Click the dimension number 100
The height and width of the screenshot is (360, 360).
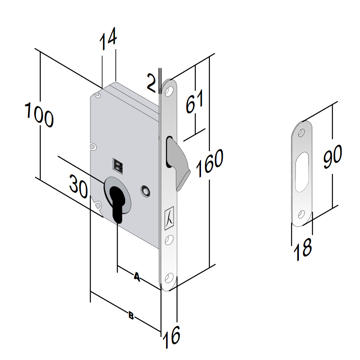point(39,115)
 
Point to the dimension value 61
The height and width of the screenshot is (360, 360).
point(195,102)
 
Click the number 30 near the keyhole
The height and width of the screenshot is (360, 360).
point(78,186)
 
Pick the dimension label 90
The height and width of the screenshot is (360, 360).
point(333,156)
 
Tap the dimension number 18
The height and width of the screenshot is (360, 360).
point(303,249)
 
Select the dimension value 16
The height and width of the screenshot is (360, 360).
point(171,337)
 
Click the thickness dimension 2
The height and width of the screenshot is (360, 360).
point(151,82)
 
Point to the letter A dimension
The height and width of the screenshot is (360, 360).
point(137,277)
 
